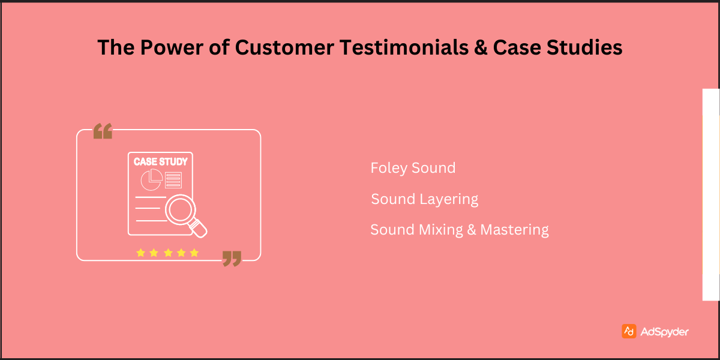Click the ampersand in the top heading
point(480,47)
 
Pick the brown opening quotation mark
point(103,131)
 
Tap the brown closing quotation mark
point(232,259)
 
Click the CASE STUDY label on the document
point(160,161)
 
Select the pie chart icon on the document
point(151,179)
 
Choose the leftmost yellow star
point(140,253)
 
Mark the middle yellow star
point(167,253)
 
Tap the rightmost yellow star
point(194,253)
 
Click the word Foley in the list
point(386,168)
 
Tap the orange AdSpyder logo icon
point(629,331)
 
